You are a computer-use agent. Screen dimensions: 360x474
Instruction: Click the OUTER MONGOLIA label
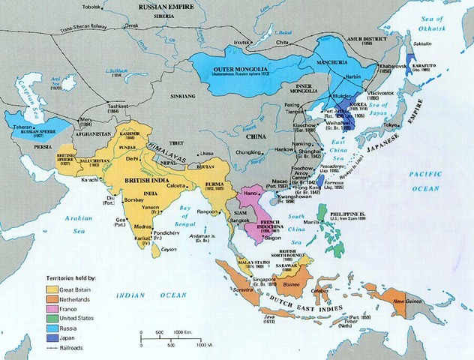click(x=232, y=67)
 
